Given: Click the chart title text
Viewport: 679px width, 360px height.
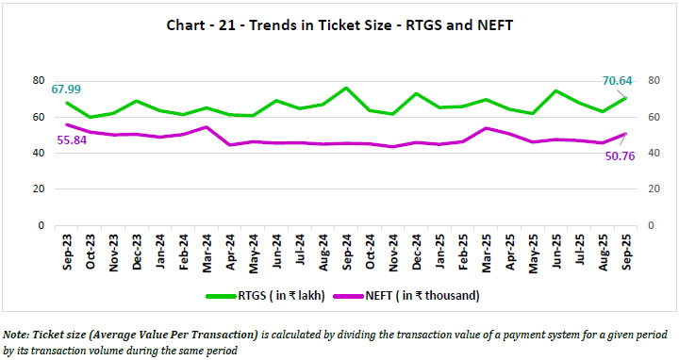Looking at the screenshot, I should point(340,25).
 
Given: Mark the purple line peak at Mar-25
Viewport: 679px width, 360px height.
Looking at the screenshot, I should point(486,128).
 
